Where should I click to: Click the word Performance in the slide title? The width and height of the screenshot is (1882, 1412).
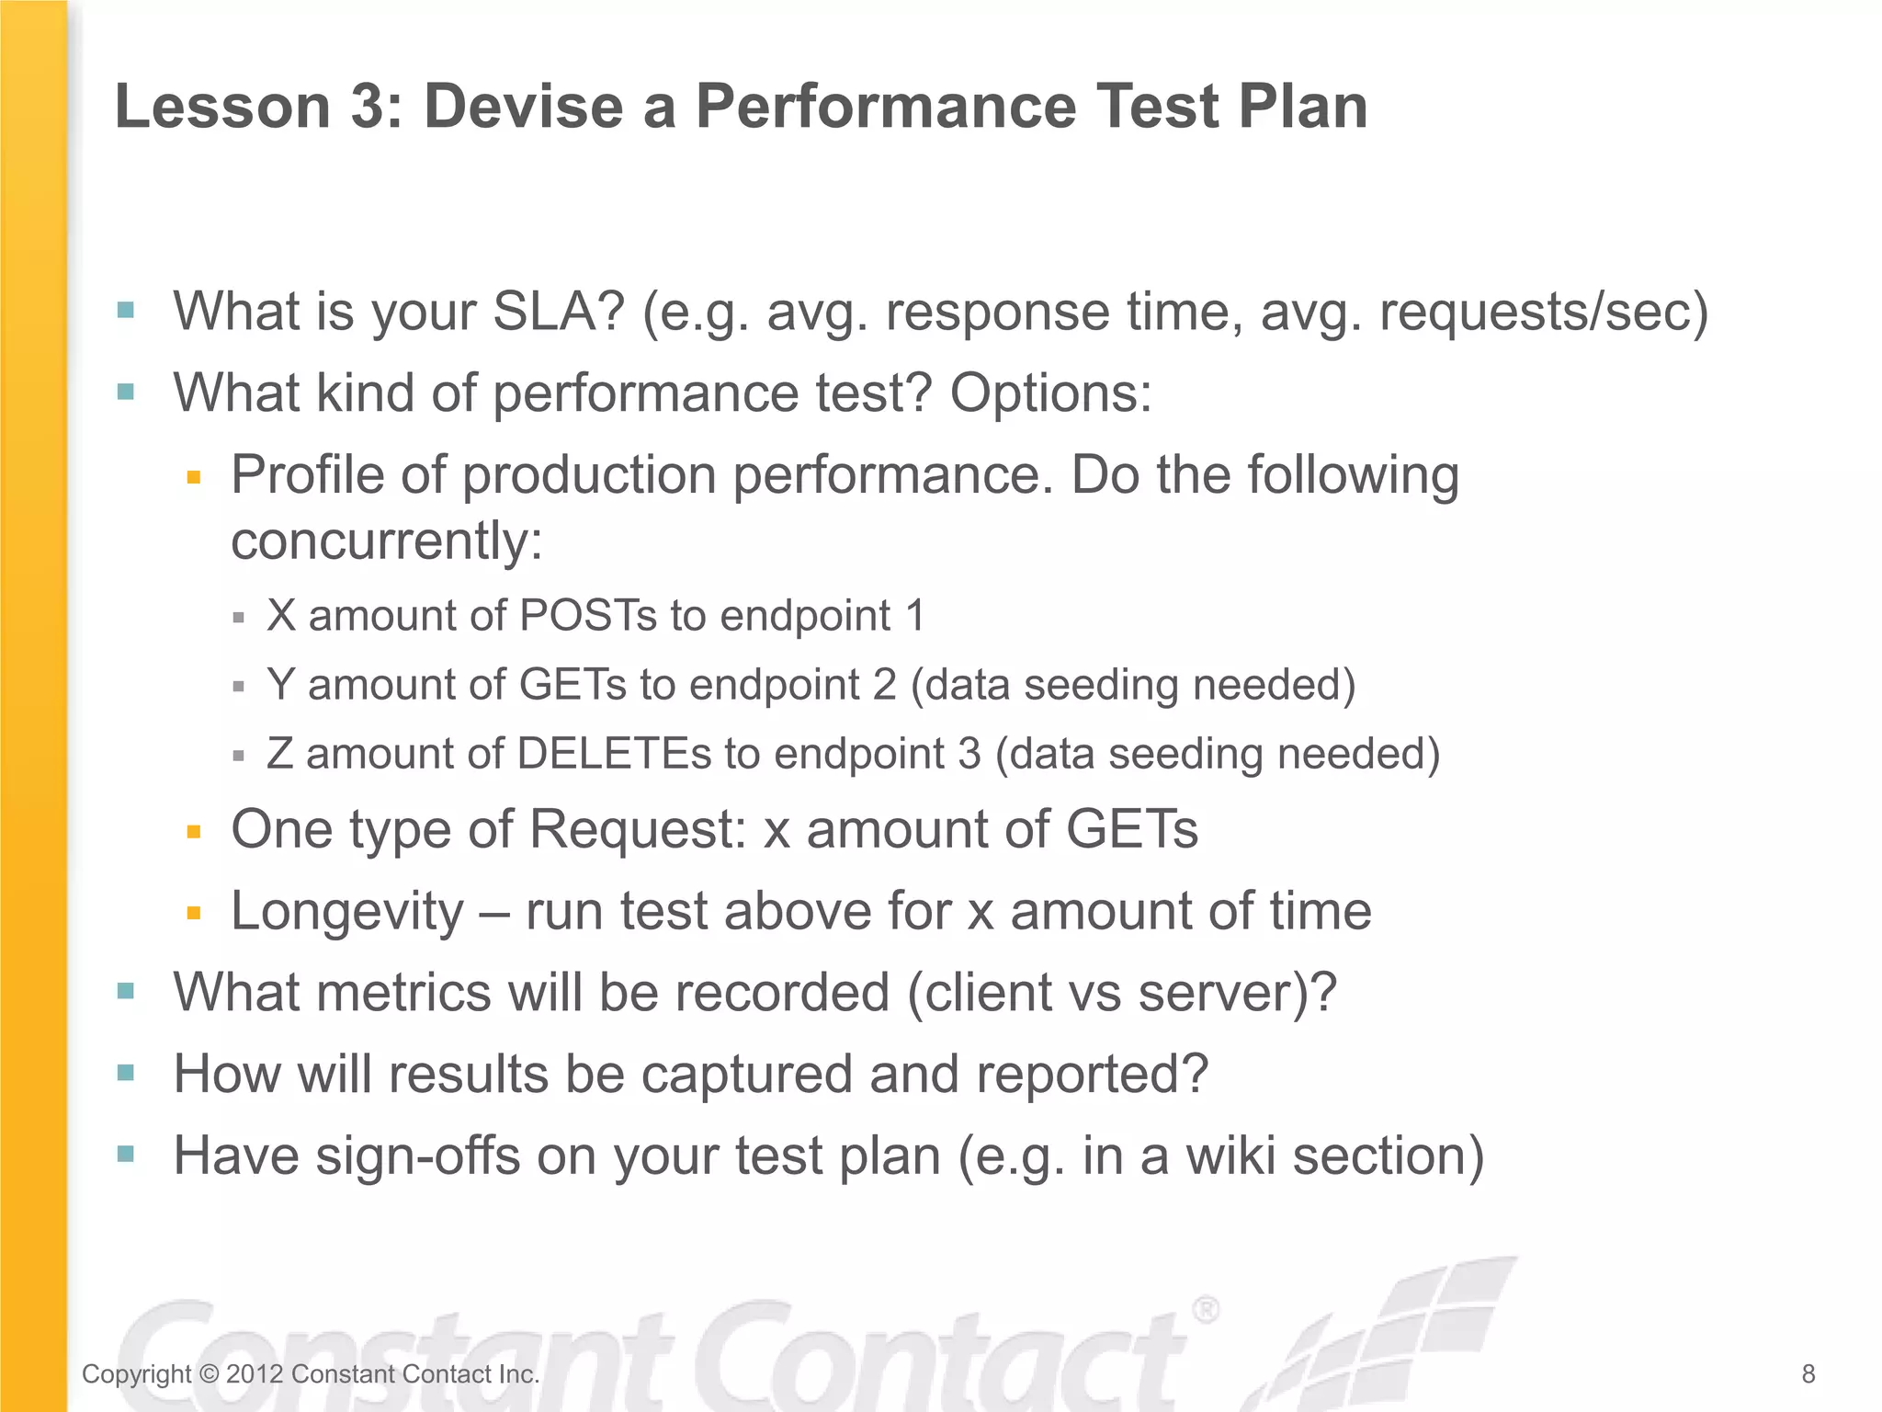(885, 107)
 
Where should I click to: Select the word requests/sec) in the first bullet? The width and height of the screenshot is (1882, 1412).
(1544, 312)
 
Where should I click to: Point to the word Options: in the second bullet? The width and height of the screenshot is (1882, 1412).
(1050, 393)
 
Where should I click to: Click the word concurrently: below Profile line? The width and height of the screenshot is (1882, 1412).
(387, 541)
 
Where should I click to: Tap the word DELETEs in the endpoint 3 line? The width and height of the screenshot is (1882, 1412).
(614, 754)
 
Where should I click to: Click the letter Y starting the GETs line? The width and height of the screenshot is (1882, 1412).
(280, 685)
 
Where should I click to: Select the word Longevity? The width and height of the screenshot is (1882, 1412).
(347, 912)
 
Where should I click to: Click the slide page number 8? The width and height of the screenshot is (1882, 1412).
(1808, 1374)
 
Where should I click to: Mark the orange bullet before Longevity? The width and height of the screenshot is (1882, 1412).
(193, 914)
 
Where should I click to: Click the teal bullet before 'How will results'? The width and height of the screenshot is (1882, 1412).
(126, 1073)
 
